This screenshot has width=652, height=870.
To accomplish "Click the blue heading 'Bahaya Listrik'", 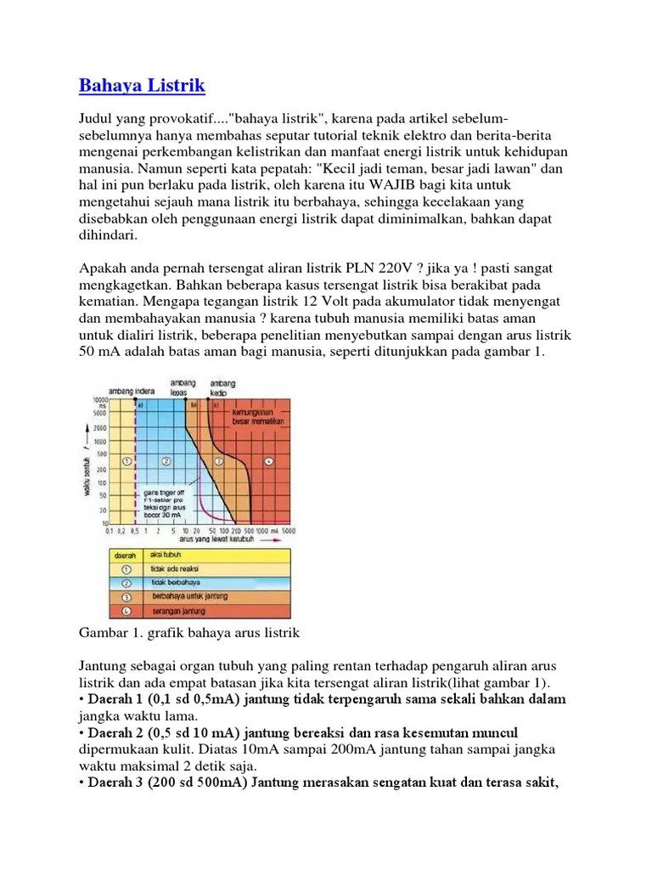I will pos(142,86).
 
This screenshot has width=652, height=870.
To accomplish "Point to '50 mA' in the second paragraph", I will pos(101,351).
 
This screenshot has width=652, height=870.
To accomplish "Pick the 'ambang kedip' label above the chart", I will pos(222,387).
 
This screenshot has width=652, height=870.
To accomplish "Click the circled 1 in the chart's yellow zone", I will pos(126,461).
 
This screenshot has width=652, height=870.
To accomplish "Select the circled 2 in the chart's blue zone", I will pos(166,461).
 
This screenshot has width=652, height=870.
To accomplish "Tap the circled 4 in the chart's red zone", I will pos(269,461).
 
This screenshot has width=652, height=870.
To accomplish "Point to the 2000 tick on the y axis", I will pos(100,427).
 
